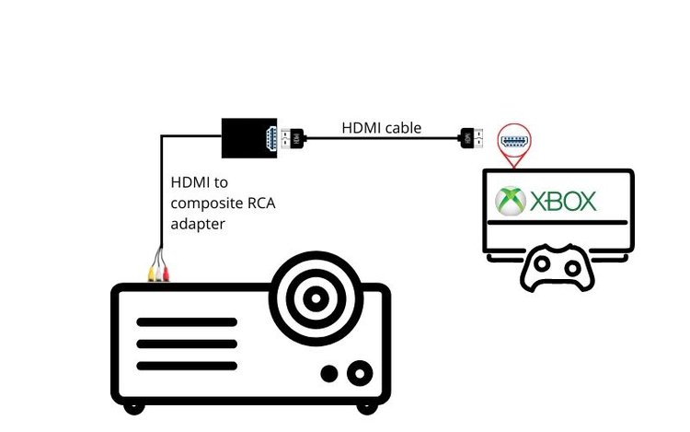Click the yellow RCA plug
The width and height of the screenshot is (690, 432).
pos(152,274)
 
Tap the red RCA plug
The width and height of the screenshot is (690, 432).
pos(166,274)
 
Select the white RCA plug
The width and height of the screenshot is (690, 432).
pos(159,274)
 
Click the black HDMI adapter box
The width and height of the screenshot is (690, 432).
pos(249,138)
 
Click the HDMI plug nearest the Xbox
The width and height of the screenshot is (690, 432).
pos(470,138)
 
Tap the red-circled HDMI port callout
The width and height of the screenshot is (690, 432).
pos(514,142)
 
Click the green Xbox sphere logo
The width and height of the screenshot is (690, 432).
pos(511,201)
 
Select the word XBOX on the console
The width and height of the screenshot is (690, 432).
pos(563,201)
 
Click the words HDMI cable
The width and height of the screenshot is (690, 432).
pos(382,128)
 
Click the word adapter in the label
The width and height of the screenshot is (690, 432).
pos(198,225)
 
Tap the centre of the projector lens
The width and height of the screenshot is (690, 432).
pos(316,298)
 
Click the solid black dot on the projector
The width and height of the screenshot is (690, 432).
pos(329,374)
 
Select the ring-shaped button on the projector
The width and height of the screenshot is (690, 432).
pos(360,373)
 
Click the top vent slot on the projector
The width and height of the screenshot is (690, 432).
pos(187,322)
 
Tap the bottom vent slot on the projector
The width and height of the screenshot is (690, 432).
pos(187,366)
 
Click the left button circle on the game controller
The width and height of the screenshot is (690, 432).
pos(542,264)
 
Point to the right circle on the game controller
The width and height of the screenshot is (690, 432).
pos(572,268)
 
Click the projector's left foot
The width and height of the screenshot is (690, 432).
pos(134,408)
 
